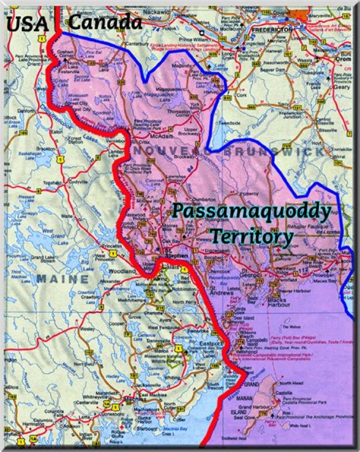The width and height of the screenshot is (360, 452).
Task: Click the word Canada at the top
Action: pyautogui.click(x=105, y=21)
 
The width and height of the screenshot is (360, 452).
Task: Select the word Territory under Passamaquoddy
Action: pyautogui.click(x=251, y=235)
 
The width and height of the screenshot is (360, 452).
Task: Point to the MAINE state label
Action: pyautogui.click(x=63, y=279)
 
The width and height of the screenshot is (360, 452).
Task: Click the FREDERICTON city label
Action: pyautogui.click(x=272, y=30)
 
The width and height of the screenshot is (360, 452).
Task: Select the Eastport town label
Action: pyautogui.click(x=209, y=344)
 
